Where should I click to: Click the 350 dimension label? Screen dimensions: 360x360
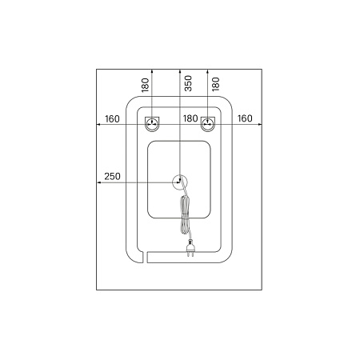188,83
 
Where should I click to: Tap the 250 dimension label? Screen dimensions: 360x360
112,176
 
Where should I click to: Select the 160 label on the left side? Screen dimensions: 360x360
112,119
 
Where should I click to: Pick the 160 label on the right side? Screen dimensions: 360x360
245,118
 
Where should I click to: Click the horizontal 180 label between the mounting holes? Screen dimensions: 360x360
190,118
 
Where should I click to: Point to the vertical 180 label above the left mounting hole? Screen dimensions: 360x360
145,85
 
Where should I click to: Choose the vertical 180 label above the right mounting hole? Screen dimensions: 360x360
215,84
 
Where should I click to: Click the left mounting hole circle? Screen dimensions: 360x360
152,124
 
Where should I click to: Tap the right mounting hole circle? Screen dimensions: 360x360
208,124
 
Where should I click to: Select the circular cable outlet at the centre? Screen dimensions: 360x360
180,182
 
